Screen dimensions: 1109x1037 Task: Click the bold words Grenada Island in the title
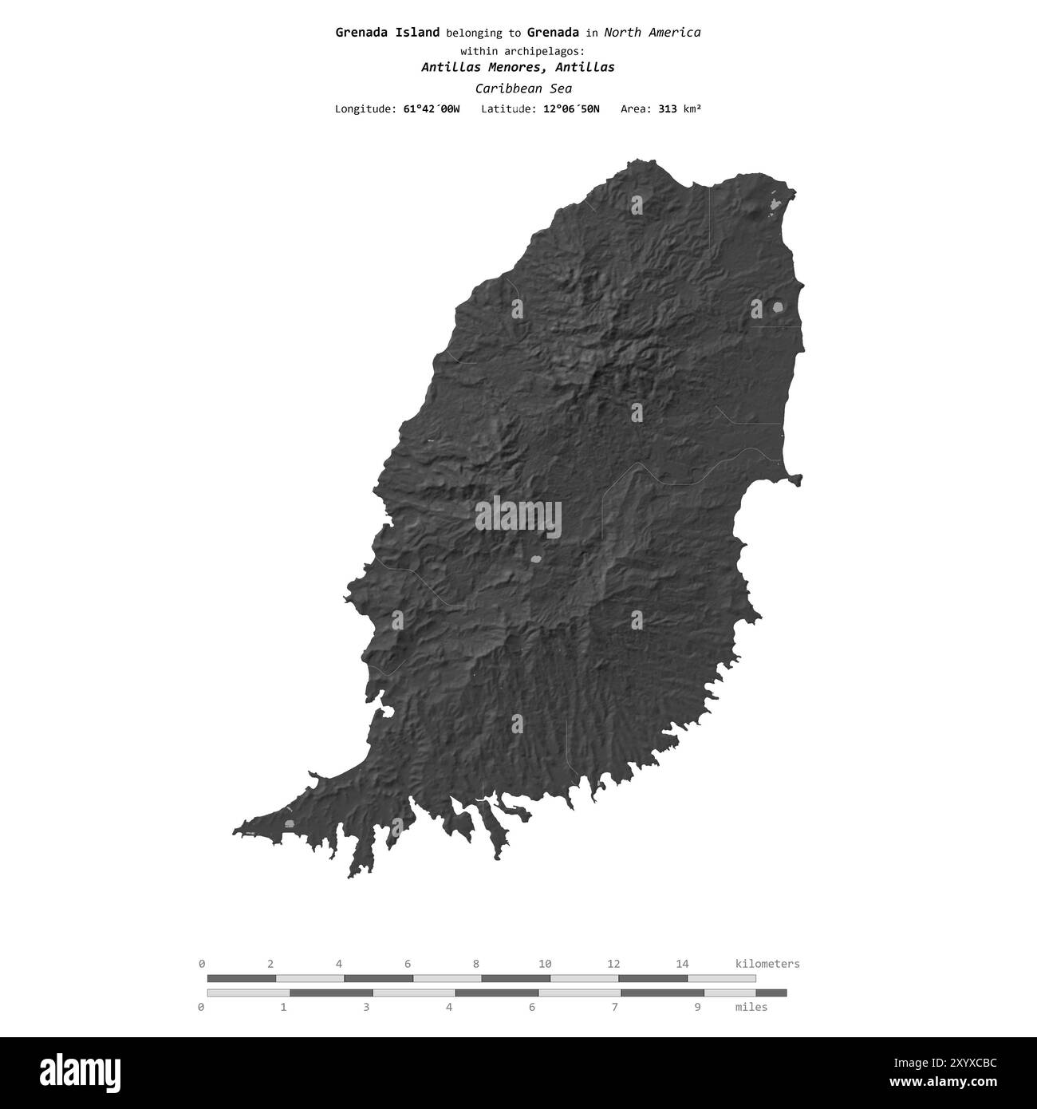[387, 33]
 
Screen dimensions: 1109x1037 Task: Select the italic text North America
[653, 33]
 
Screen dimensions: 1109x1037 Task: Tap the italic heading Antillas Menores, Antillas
[518, 67]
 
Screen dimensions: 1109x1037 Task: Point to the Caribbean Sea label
[522, 89]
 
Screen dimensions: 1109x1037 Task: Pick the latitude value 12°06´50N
[571, 109]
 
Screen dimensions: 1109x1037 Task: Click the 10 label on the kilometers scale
[545, 964]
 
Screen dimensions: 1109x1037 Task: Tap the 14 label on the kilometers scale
[682, 964]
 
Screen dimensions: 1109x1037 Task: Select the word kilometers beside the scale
[767, 964]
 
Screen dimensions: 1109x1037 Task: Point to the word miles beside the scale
[751, 1007]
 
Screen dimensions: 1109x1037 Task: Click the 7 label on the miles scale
[614, 1007]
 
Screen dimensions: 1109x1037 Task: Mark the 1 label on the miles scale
[283, 1007]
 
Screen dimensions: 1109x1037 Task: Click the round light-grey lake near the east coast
[778, 306]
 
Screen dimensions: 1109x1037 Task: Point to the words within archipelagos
[518, 50]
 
